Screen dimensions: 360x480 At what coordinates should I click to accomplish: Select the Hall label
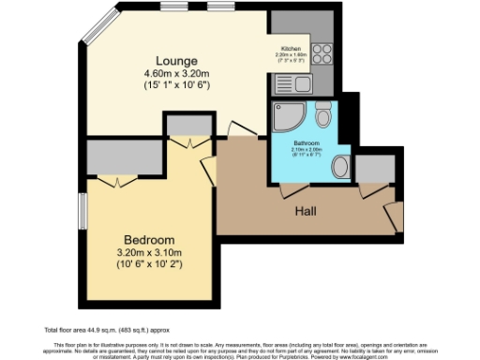pyautogui.click(x=303, y=211)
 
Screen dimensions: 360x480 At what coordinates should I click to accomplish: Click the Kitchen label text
pyautogui.click(x=291, y=48)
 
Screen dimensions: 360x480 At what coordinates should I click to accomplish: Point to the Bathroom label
pyautogui.click(x=306, y=143)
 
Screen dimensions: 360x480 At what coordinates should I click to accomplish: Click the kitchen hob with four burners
pyautogui.click(x=323, y=52)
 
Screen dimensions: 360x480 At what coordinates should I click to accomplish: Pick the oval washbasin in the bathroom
pyautogui.click(x=340, y=167)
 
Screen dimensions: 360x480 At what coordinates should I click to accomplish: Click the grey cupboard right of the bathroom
pyautogui.click(x=373, y=168)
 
